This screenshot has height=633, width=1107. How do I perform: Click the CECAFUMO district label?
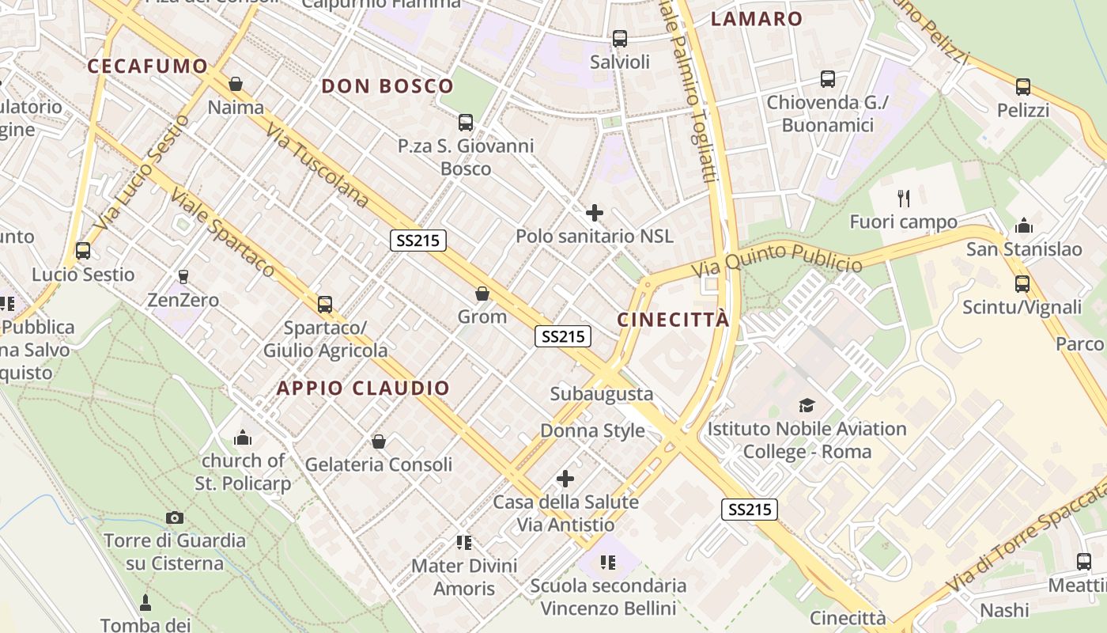point(147,66)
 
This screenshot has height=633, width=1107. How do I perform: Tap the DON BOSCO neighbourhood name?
point(387,86)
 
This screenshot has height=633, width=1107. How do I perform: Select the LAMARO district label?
point(757,19)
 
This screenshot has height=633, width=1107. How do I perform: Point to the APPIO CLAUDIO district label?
point(363,389)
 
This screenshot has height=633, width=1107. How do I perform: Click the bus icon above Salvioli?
point(620,38)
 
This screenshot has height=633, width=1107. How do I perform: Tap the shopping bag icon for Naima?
point(236,84)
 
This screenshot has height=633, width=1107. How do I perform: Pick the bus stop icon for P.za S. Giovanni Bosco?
point(466,123)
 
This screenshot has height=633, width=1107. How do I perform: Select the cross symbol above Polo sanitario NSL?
point(595,213)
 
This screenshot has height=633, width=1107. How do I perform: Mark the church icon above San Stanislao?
point(1024,226)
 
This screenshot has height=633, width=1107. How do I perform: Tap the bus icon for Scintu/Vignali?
point(1022,284)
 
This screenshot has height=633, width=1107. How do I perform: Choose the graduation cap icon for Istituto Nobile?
point(807,406)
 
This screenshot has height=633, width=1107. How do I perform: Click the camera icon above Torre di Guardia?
point(175,518)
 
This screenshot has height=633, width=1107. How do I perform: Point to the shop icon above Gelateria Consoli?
point(379,442)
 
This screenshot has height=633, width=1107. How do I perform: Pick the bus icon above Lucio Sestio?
point(83,251)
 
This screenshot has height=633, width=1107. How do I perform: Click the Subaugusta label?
point(602,394)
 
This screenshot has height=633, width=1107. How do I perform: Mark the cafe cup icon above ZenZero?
point(183,276)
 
